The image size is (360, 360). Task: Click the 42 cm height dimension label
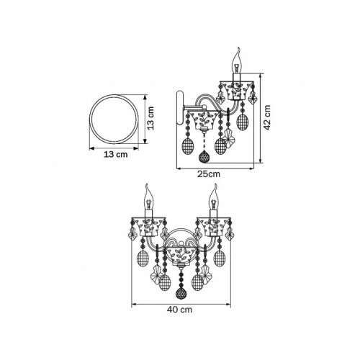[x=267, y=117]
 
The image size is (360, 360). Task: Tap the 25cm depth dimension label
[x=209, y=174]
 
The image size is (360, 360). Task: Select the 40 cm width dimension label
[x=180, y=310]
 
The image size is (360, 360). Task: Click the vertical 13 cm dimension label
[x=150, y=118]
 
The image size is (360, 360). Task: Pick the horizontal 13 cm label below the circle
[x=115, y=154]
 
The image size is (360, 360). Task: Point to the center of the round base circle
[x=114, y=120]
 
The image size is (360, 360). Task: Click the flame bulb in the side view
[x=237, y=60]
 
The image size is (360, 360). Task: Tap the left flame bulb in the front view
[x=149, y=197]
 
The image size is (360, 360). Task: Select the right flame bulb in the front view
[x=213, y=197]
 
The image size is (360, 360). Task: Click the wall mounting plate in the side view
[x=180, y=108]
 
